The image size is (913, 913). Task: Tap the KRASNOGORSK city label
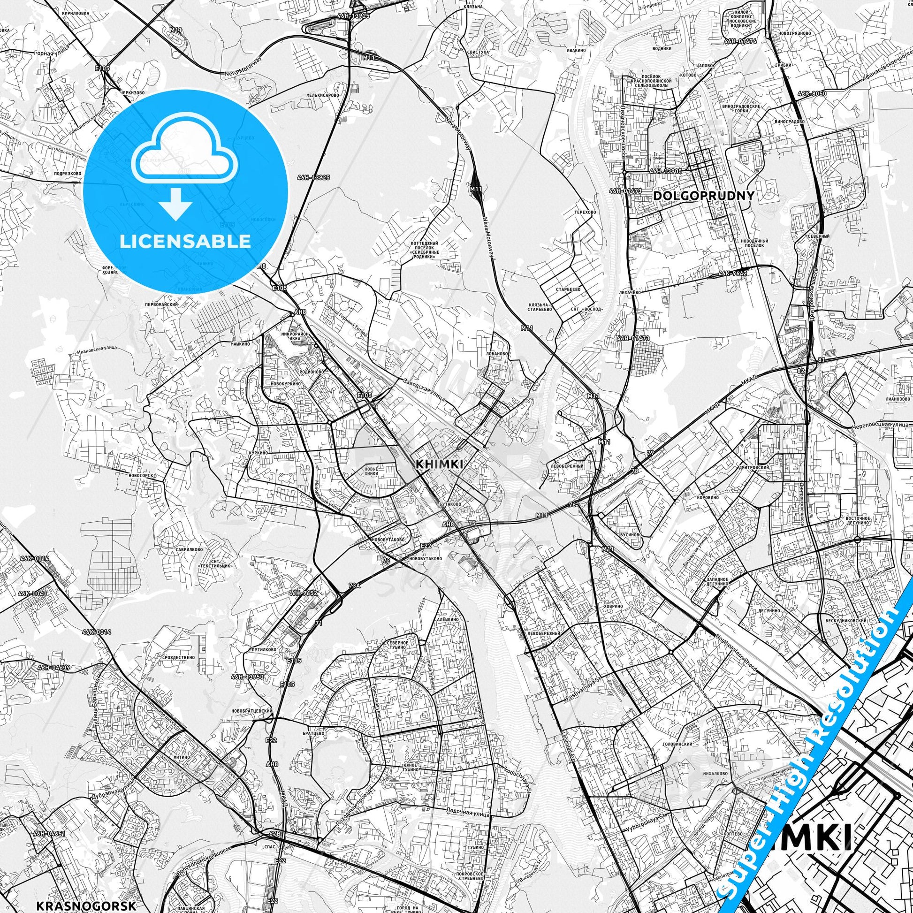pyautogui.click(x=85, y=902)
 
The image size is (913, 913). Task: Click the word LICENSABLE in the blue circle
pyautogui.click(x=185, y=241)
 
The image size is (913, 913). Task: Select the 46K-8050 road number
pyautogui.click(x=812, y=93)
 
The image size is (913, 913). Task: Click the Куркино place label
pyautogui.click(x=259, y=452)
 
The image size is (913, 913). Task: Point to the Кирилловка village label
pyautogui.click(x=75, y=14)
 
